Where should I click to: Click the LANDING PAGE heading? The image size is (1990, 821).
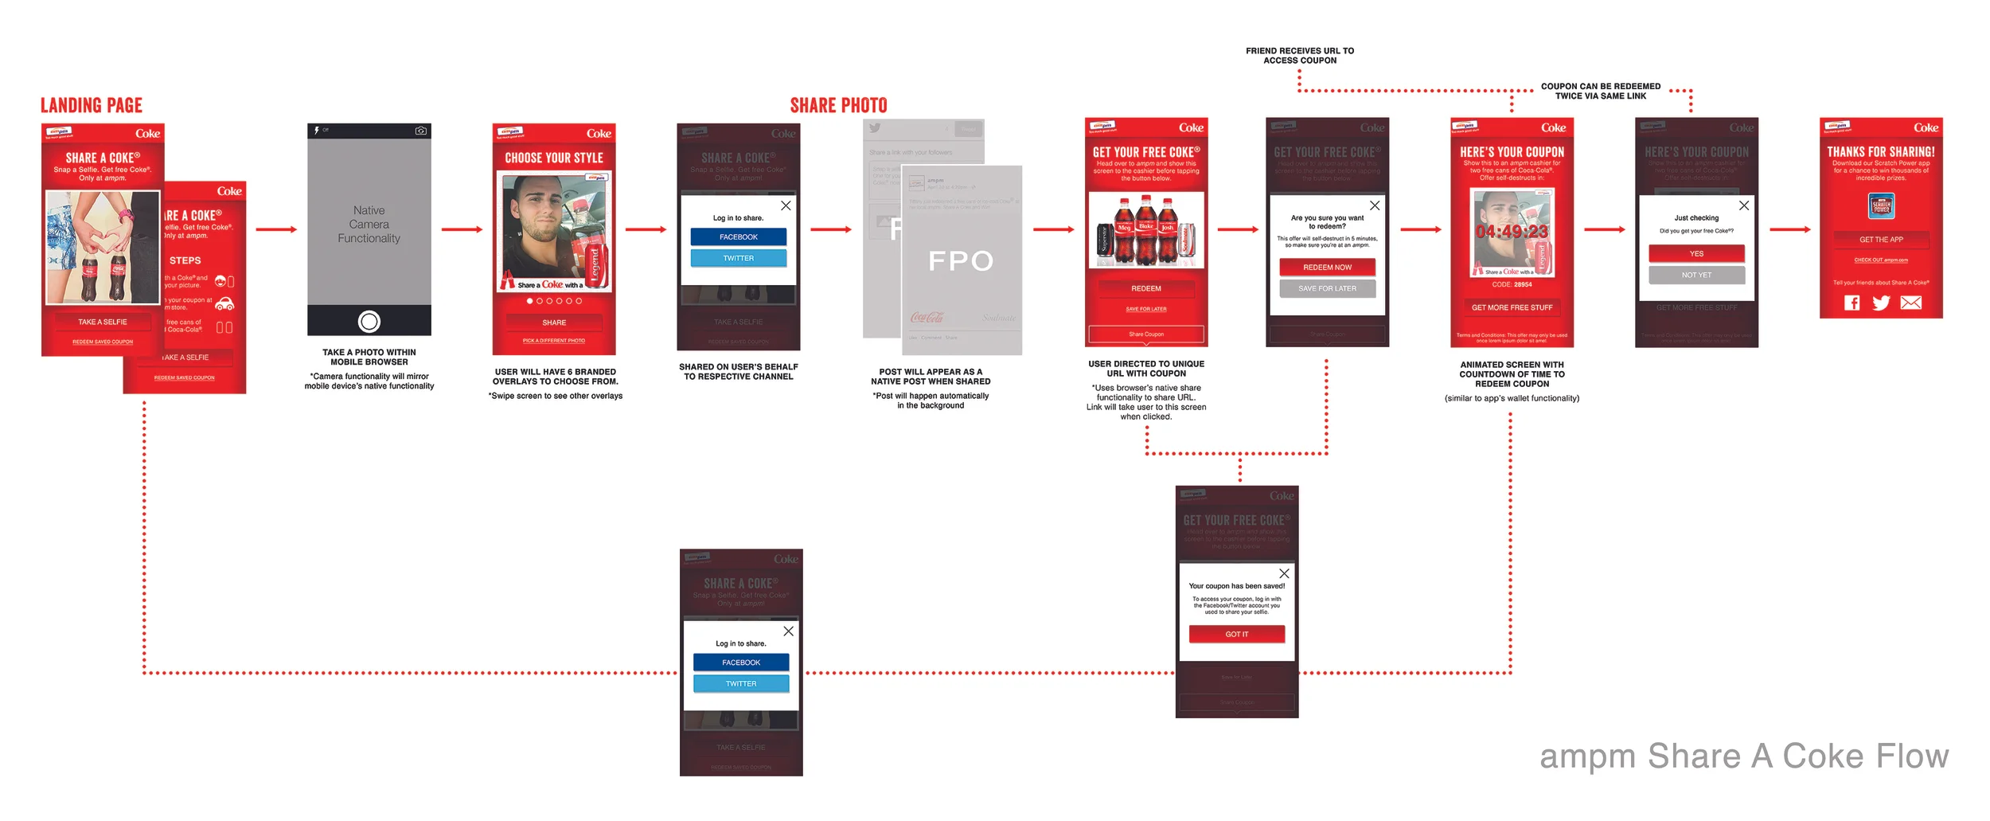tap(92, 105)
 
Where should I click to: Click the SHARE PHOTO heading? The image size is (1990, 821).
tap(838, 105)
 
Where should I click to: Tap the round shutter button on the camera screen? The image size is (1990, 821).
tap(369, 322)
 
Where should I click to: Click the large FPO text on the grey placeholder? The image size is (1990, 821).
tap(961, 261)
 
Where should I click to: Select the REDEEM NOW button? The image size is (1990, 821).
tap(1327, 268)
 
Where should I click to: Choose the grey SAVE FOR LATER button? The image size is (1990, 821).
tap(1327, 288)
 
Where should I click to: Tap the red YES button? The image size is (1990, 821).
tap(1696, 254)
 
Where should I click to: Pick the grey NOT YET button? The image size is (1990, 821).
tap(1696, 275)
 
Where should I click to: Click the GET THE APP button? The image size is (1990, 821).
tap(1881, 240)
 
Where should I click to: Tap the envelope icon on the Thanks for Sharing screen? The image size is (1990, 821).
tap(1910, 303)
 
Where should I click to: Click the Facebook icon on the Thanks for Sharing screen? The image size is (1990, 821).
tap(1852, 303)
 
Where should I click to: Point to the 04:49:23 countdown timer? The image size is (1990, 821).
tap(1512, 232)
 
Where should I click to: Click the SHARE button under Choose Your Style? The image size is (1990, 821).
tap(554, 323)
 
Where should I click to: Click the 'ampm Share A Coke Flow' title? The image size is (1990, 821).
tap(1744, 756)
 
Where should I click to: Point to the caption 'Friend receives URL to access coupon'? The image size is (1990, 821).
tap(1300, 56)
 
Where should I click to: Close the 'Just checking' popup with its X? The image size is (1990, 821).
tap(1744, 205)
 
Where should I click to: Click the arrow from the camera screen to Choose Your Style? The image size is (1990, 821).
tap(462, 229)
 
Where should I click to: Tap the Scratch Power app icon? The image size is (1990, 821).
tap(1881, 206)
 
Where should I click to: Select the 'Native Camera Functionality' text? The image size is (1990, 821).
tap(369, 225)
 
